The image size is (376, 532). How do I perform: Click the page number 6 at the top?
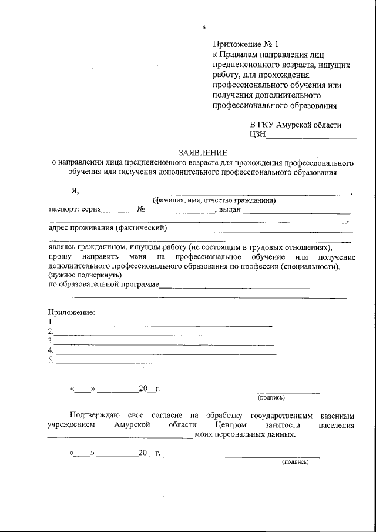click(x=204, y=27)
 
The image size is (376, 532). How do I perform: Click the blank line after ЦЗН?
click(x=311, y=138)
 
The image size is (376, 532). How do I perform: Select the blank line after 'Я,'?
click(x=214, y=193)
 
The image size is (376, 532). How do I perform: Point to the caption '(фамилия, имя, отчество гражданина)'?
click(x=214, y=200)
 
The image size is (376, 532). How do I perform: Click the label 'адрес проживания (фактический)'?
click(x=108, y=228)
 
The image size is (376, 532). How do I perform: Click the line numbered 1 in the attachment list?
click(x=163, y=325)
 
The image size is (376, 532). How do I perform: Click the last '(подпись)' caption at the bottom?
click(x=295, y=461)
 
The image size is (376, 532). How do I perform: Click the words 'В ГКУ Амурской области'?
click(x=296, y=125)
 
